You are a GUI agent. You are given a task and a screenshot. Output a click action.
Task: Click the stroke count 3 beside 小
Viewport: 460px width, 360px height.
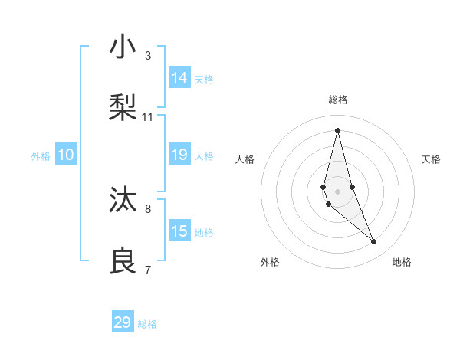click(148, 56)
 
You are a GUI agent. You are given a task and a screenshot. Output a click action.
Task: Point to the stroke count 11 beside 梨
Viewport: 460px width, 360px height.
click(148, 117)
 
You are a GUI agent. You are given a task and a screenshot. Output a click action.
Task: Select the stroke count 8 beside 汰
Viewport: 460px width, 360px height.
click(148, 208)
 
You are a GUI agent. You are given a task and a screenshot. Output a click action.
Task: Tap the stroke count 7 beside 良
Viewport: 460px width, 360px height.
click(148, 270)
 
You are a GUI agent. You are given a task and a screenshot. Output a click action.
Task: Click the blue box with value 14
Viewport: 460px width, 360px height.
click(179, 78)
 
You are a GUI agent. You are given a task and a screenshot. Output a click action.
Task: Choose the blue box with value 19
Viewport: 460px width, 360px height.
click(179, 155)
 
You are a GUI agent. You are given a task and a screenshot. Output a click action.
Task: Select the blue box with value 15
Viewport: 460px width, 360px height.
click(179, 231)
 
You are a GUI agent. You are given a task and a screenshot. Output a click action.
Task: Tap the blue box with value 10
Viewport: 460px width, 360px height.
click(66, 155)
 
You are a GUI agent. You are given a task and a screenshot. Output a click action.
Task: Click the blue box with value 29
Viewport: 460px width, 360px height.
click(123, 322)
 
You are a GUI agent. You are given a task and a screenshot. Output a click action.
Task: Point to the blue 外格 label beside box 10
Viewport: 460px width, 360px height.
click(41, 156)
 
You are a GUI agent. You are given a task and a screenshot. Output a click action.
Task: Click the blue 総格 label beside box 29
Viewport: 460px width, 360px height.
click(147, 324)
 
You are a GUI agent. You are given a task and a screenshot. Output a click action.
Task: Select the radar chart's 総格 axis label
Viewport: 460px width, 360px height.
click(338, 100)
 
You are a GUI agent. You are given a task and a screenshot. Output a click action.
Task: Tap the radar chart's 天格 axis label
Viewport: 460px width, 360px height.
click(431, 159)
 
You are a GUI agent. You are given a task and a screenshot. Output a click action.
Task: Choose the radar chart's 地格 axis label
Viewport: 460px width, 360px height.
click(402, 262)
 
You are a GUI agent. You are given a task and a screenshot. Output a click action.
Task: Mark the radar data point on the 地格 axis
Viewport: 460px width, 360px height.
click(374, 242)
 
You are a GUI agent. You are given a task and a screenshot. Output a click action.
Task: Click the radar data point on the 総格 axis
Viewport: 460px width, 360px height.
click(338, 129)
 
